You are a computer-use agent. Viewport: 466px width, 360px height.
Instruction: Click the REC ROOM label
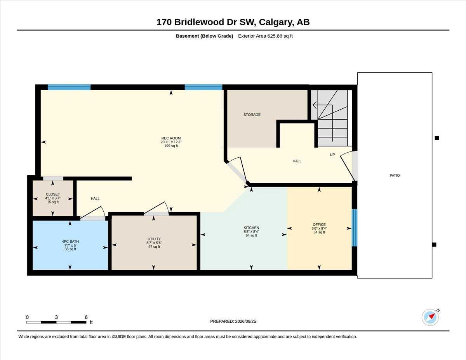[171, 138]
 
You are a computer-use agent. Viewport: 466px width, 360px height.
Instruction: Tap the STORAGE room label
[252, 115]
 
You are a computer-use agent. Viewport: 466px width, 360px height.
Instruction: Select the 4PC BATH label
[70, 242]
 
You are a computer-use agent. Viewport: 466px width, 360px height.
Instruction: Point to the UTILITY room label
[154, 239]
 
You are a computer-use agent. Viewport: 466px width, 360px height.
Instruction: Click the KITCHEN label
[251, 228]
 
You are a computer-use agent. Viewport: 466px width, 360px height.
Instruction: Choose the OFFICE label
[319, 224]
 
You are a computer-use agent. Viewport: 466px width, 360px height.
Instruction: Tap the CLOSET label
[53, 194]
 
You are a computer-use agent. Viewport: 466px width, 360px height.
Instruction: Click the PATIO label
[395, 176]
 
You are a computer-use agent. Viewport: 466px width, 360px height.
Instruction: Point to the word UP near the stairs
[332, 155]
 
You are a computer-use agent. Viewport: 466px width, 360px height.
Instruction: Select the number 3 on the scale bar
[56, 317]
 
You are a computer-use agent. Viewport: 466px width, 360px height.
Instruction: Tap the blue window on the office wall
[355, 228]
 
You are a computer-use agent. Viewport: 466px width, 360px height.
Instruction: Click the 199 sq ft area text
[171, 146]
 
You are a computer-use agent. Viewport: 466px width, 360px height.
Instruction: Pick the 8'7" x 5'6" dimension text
[154, 243]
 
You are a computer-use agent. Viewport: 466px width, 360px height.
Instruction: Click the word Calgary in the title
[276, 22]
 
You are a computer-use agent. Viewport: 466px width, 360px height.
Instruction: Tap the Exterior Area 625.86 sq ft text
[265, 36]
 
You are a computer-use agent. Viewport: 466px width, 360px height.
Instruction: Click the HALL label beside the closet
[95, 198]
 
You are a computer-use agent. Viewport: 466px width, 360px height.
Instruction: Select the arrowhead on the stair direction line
[315, 105]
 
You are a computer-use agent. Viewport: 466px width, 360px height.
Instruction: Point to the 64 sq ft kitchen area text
[251, 235]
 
